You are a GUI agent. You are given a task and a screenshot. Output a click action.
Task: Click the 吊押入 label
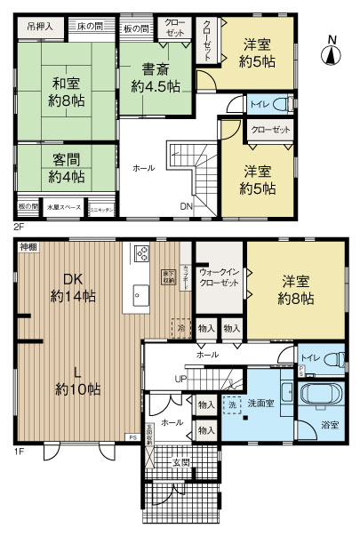38,26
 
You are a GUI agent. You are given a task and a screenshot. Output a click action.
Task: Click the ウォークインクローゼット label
219,277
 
